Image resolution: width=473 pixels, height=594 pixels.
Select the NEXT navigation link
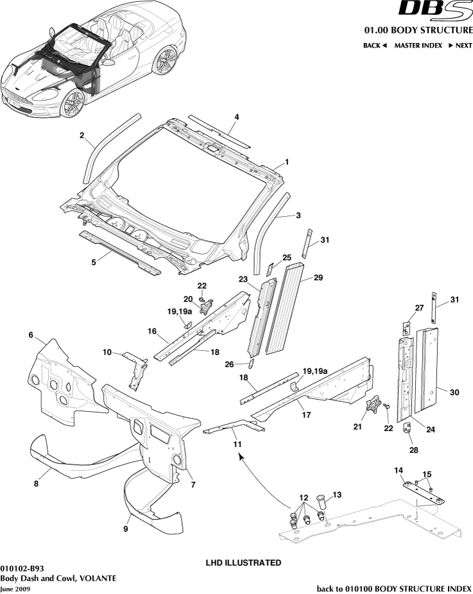tap(460, 46)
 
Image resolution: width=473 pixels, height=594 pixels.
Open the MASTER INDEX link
tap(418, 46)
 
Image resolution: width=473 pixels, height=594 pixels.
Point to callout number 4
tap(237, 117)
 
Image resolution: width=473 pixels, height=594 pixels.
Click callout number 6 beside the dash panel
tap(30, 335)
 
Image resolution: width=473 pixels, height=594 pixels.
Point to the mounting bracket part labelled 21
tap(373, 409)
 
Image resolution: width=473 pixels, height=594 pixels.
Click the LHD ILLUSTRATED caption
tap(243, 563)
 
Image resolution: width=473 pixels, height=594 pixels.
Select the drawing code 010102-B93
tap(22, 568)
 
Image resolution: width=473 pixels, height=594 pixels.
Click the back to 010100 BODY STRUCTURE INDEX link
tap(394, 588)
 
